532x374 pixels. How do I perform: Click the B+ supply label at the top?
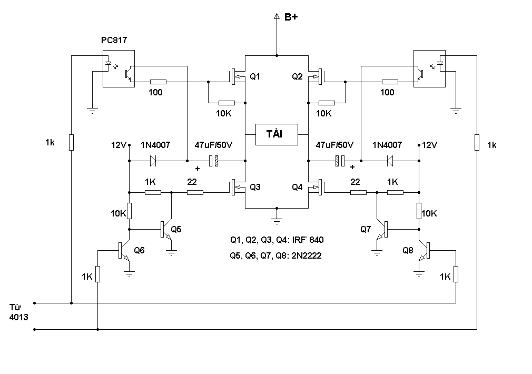(x=291, y=17)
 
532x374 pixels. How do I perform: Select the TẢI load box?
(x=277, y=134)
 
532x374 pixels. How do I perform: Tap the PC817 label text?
(x=114, y=40)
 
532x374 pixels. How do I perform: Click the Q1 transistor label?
(x=255, y=77)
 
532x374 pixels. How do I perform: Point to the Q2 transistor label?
(x=298, y=77)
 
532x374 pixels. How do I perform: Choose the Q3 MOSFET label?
(x=255, y=187)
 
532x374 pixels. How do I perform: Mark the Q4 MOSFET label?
(x=298, y=187)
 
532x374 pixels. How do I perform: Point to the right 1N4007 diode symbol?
(x=389, y=160)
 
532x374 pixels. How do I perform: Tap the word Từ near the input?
(x=16, y=307)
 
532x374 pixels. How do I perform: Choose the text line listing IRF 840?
(x=277, y=240)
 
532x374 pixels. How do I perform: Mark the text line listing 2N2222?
(x=275, y=255)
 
